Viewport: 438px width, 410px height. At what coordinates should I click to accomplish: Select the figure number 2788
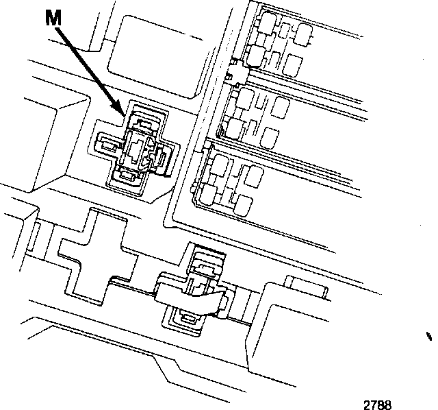[378, 405]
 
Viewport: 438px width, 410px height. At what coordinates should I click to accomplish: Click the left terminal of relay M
[108, 144]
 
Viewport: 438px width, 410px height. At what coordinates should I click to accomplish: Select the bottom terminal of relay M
[129, 178]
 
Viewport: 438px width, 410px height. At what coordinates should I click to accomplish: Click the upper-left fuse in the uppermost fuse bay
[263, 25]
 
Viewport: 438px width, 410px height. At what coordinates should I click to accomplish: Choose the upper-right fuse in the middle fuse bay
[279, 108]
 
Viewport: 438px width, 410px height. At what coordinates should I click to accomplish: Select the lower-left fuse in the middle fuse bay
[233, 126]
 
